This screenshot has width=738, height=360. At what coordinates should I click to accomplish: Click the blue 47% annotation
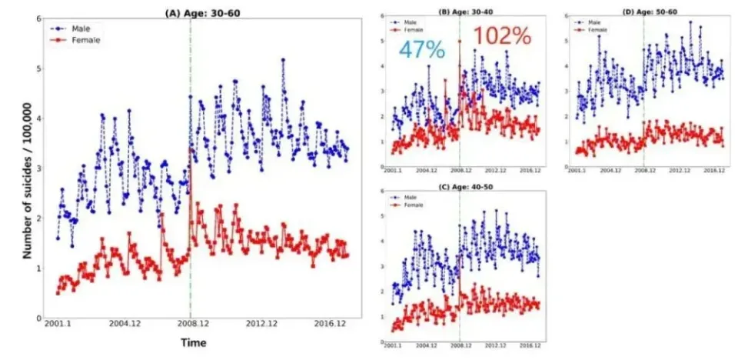click(421, 50)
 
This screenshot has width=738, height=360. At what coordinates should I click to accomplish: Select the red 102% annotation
click(501, 36)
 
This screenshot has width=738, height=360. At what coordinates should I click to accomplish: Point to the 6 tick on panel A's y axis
click(38, 18)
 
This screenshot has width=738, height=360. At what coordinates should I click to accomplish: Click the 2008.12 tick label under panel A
click(190, 324)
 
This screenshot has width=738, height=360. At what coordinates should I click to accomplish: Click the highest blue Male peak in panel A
click(283, 59)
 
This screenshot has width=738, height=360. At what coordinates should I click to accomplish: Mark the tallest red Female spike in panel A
click(191, 150)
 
